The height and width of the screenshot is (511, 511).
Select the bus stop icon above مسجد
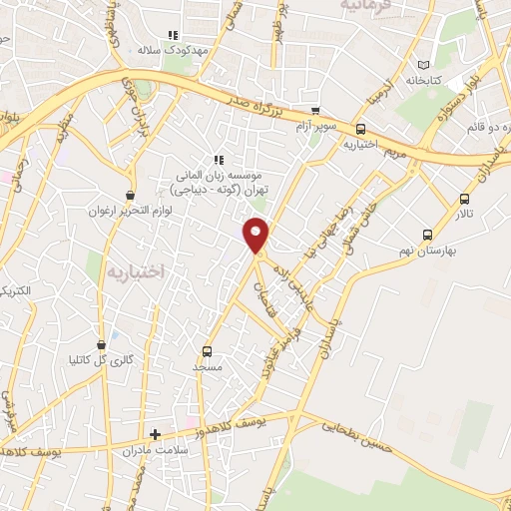coord(207,351)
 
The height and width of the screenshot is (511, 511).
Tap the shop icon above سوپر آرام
coord(315,111)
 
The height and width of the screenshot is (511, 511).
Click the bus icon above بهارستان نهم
coord(427,235)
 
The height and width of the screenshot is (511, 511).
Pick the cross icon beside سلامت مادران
coord(154,434)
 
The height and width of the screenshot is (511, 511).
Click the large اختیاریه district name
coord(135,271)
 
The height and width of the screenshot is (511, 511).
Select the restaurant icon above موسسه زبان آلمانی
coord(218,159)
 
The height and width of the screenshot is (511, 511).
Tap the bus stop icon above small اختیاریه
coord(361,128)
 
